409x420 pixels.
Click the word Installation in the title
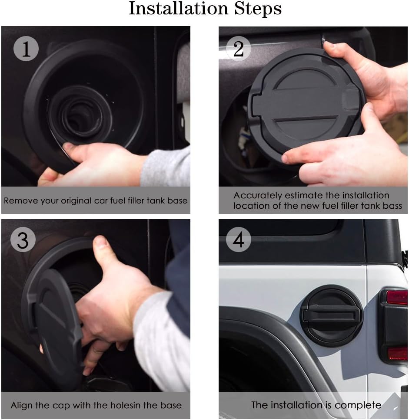(x=175, y=9)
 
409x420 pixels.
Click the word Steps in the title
(x=256, y=9)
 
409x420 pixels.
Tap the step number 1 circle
(x=26, y=49)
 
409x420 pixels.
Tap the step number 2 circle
(x=239, y=49)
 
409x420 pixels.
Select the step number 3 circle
(x=23, y=240)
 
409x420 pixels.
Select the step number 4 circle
(x=239, y=240)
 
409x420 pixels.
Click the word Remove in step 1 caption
(x=18, y=201)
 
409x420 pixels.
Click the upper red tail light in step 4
(x=396, y=297)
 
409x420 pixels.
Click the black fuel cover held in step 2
(x=304, y=104)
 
